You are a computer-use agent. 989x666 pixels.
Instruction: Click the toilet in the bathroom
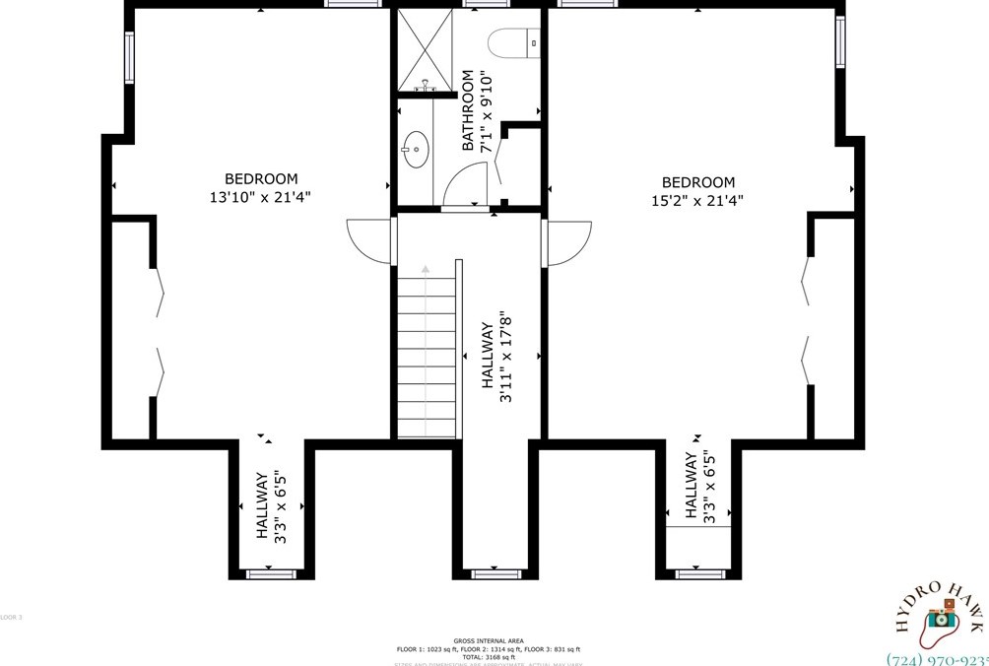pyautogui.click(x=511, y=41)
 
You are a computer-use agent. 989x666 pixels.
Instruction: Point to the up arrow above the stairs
pyautogui.click(x=426, y=267)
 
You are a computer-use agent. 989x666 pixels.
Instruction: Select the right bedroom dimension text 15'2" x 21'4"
pyautogui.click(x=697, y=200)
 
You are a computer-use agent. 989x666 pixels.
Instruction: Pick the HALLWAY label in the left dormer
pyautogui.click(x=270, y=505)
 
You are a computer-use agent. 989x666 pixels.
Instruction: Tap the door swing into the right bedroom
pyautogui.click(x=570, y=242)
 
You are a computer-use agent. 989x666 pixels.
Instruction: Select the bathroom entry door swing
pyautogui.click(x=466, y=184)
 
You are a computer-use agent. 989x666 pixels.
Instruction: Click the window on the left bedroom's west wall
pyautogui.click(x=129, y=58)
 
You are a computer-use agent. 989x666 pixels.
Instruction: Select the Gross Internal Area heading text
pyautogui.click(x=488, y=639)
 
